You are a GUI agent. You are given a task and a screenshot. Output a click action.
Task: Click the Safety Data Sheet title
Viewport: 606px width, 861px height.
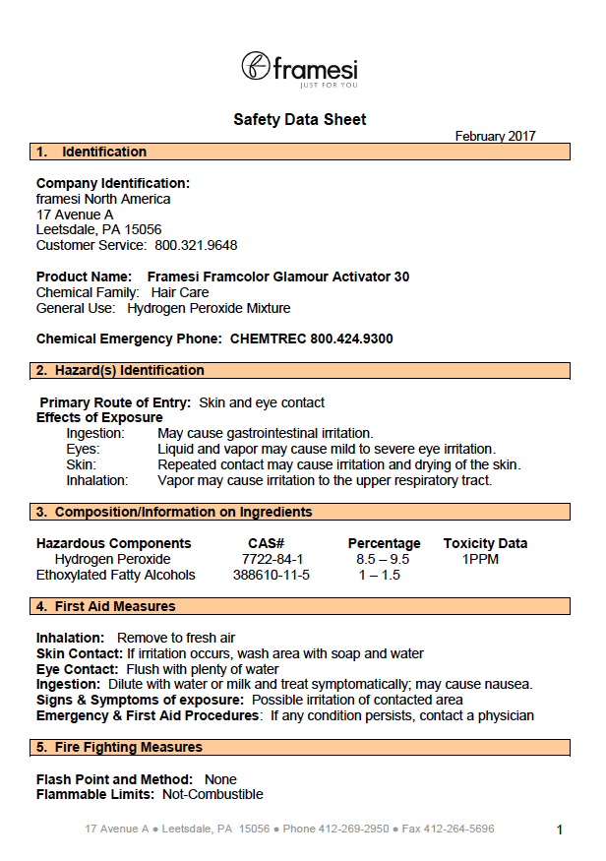tap(299, 120)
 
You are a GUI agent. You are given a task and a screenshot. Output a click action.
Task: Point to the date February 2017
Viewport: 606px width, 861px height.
tap(495, 137)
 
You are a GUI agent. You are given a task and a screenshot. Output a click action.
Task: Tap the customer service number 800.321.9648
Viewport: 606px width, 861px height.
tap(196, 245)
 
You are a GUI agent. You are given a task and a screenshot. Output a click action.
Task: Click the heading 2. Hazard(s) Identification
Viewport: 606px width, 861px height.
tap(120, 370)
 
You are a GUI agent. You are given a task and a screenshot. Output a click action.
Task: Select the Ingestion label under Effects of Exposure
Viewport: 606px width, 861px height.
tap(95, 433)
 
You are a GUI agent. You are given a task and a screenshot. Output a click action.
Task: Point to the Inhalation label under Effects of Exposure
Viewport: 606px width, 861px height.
tap(97, 480)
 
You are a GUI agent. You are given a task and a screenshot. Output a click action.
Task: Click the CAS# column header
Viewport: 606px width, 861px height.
tap(266, 543)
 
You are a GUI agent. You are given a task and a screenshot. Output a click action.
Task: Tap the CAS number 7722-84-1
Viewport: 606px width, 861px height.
tap(266, 559)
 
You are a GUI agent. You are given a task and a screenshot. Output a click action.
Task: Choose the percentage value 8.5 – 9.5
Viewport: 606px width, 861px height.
tap(383, 559)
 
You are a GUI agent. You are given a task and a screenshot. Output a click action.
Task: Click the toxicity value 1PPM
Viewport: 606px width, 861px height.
tap(481, 559)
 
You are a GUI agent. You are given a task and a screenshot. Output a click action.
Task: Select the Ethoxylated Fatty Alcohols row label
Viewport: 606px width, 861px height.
tap(116, 575)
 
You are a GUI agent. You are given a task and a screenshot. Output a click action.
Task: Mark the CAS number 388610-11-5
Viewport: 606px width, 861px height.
tap(272, 575)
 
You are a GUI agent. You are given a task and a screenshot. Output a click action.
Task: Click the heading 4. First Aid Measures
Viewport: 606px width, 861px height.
tap(106, 606)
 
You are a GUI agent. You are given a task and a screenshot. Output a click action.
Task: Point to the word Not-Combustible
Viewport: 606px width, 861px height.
tap(212, 794)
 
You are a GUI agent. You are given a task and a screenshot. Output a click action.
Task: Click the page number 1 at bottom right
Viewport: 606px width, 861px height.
tap(560, 830)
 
